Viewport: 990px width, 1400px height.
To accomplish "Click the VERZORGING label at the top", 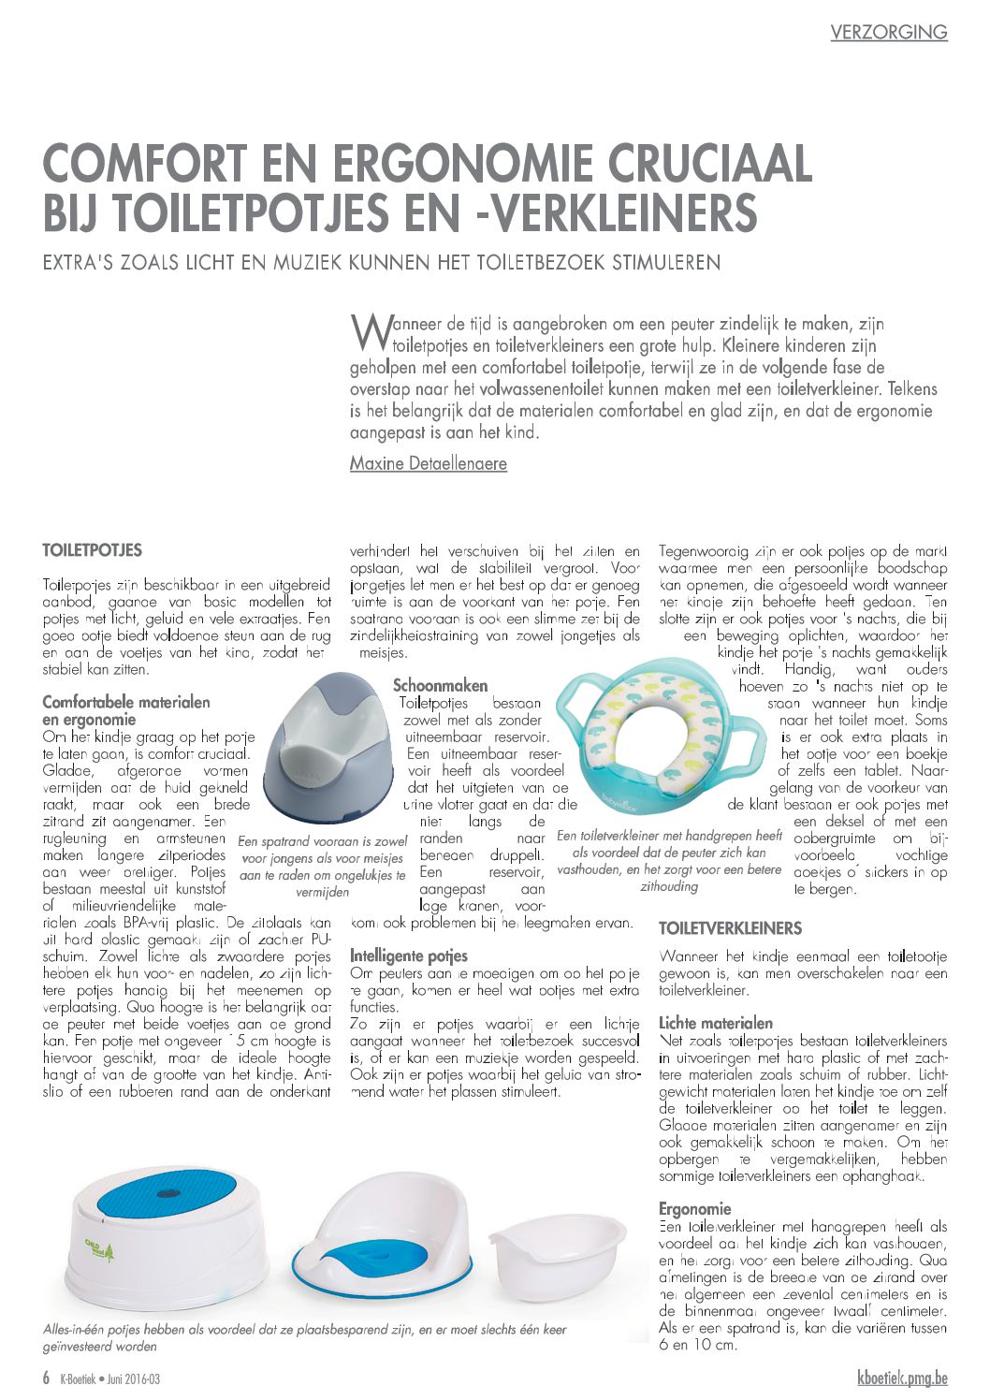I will coord(888,32).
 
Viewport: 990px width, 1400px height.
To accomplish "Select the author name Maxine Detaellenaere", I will coord(428,463).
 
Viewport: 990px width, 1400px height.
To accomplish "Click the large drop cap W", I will coord(365,330).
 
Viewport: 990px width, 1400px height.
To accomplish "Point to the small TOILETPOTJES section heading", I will coord(93,549).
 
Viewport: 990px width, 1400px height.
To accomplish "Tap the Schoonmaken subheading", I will coord(440,686).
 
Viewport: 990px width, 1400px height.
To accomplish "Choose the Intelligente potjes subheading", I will coord(408,955).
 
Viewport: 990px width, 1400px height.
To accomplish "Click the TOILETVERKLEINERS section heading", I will coord(730,928).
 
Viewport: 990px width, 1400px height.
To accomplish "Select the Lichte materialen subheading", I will coord(715,1023).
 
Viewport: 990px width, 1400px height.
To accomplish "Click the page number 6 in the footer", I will coord(46,1378).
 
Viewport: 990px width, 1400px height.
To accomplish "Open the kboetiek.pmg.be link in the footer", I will coord(902,1378).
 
